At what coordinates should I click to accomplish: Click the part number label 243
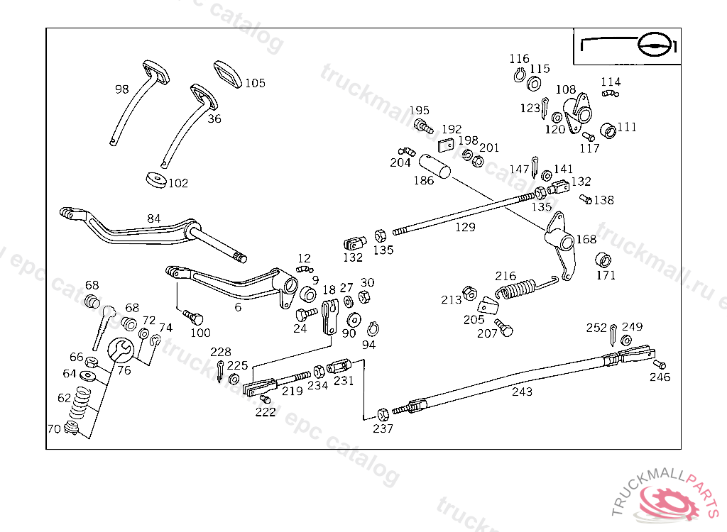521,392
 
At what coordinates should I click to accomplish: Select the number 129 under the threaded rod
465,227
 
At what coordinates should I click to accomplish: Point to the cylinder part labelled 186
436,166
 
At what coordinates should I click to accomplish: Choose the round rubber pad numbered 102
155,179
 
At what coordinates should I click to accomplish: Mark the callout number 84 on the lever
154,218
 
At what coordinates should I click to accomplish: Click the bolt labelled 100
192,316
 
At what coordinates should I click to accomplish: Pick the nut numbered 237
383,414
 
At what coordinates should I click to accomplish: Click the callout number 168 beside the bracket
586,240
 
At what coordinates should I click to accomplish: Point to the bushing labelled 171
604,259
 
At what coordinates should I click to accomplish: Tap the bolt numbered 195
423,127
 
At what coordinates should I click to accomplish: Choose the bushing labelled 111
608,131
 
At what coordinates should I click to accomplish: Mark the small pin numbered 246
658,365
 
